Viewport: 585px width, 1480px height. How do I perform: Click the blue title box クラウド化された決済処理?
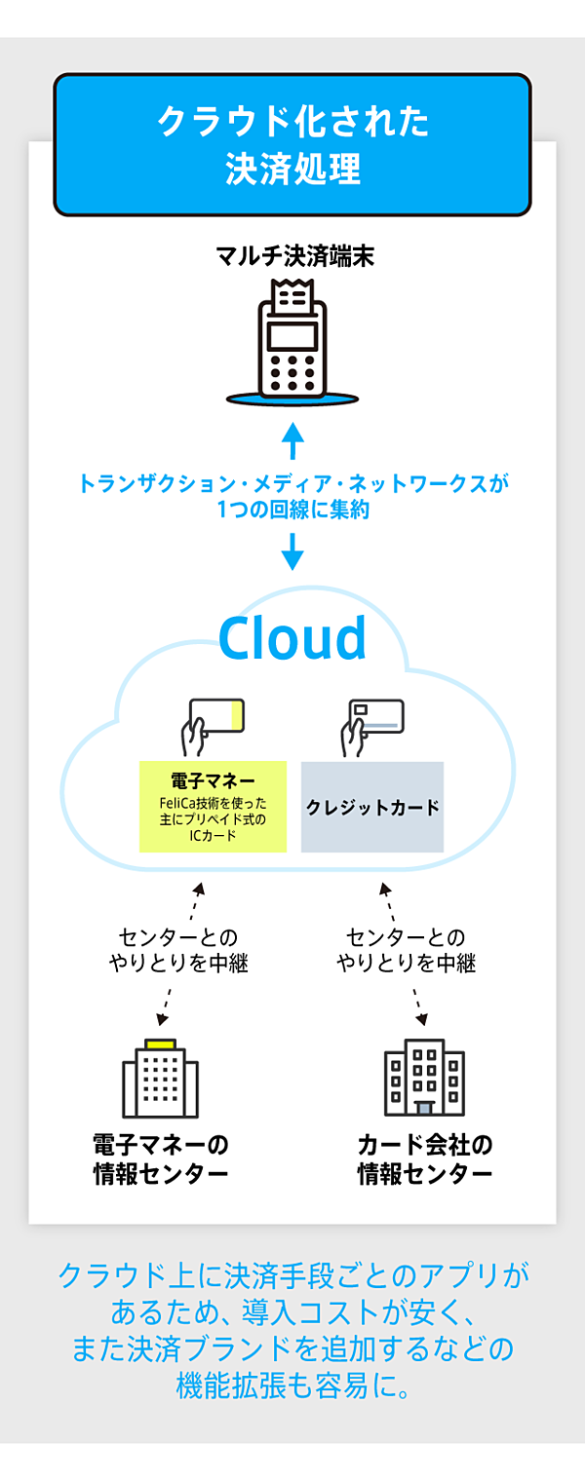pyautogui.click(x=292, y=144)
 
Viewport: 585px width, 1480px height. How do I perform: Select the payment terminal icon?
pyautogui.click(x=292, y=341)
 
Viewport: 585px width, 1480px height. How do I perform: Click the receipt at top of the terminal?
pyautogui.click(x=292, y=292)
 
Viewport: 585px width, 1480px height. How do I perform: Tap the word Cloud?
pyautogui.click(x=292, y=638)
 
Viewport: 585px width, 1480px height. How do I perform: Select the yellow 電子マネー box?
pyautogui.click(x=213, y=806)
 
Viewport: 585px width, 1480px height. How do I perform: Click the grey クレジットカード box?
pyautogui.click(x=372, y=807)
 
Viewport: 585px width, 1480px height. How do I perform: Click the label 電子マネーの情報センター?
pyautogui.click(x=160, y=1157)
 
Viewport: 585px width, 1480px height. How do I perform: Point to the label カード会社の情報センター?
pyautogui.click(x=424, y=1157)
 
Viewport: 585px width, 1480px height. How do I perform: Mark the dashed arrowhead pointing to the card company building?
pyautogui.click(x=422, y=1018)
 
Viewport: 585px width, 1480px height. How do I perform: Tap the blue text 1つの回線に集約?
pyautogui.click(x=292, y=509)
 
